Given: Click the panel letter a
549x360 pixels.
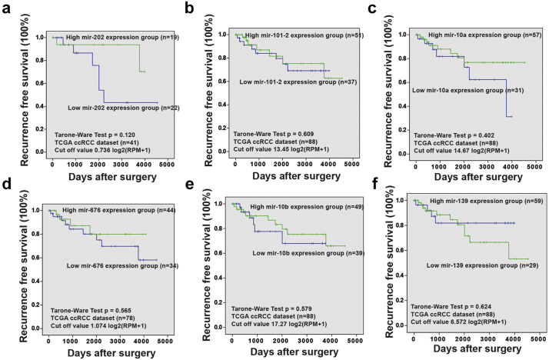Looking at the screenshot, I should pyautogui.click(x=6, y=9).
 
